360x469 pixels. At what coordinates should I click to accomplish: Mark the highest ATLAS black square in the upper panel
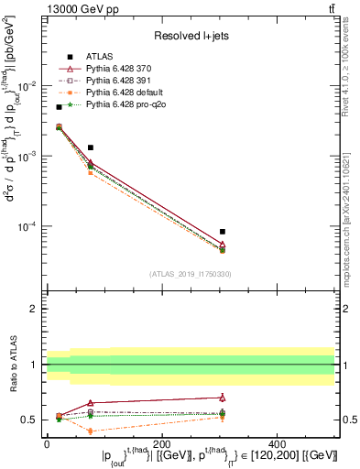[x=60, y=107]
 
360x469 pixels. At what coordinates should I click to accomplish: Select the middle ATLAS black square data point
[x=90, y=147]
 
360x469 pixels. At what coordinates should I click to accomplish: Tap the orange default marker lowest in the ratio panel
[x=90, y=431]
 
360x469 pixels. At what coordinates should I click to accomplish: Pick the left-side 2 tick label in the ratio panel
[x=36, y=309]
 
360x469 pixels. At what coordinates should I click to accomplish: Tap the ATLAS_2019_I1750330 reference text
[x=191, y=274]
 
